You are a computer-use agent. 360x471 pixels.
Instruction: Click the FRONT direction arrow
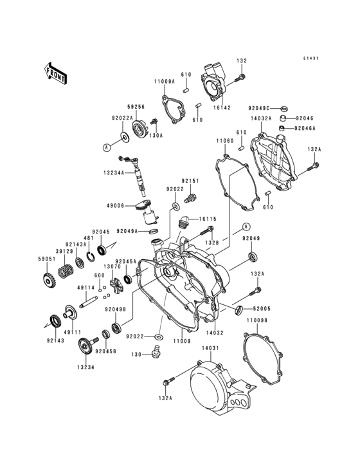click(57, 73)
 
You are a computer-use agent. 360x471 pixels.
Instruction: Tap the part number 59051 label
click(48, 259)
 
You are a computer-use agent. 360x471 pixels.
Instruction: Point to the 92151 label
click(190, 181)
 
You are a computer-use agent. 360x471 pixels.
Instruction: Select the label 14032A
click(261, 118)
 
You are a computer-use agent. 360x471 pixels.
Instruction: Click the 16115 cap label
click(207, 219)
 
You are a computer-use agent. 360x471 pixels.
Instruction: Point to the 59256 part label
click(136, 107)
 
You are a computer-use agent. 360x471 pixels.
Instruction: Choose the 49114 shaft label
click(86, 288)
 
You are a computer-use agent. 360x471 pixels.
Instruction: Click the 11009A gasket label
click(164, 81)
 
